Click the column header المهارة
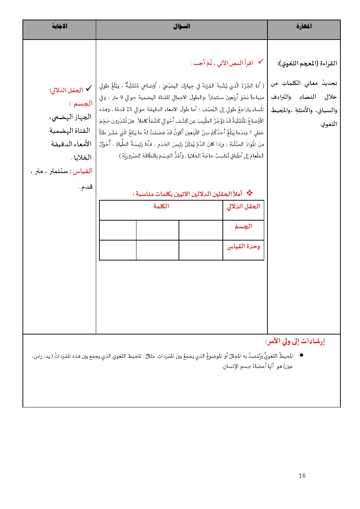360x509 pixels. pyautogui.click(x=304, y=26)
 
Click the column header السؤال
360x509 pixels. pyautogui.click(x=181, y=26)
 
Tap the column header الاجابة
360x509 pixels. pyautogui.click(x=60, y=26)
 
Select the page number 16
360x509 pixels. pyautogui.click(x=302, y=476)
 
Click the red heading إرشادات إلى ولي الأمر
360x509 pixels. pyautogui.click(x=295, y=341)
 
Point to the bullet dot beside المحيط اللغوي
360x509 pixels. pyautogui.click(x=301, y=356)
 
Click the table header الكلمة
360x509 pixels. pyautogui.click(x=161, y=206)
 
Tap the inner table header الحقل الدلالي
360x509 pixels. pyautogui.click(x=244, y=206)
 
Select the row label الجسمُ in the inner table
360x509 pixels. pyautogui.click(x=243, y=227)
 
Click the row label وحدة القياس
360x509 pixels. pyautogui.click(x=244, y=247)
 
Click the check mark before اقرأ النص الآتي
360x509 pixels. pyautogui.click(x=261, y=62)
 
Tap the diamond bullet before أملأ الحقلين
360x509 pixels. pyautogui.click(x=249, y=193)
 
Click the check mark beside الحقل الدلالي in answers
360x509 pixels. pyautogui.click(x=89, y=88)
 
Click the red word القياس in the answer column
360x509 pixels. pyautogui.click(x=83, y=171)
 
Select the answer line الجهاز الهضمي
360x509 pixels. pyautogui.click(x=70, y=117)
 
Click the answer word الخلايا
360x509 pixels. pyautogui.click(x=82, y=157)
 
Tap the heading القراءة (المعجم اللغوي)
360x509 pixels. pyautogui.click(x=307, y=63)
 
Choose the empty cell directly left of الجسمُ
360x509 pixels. pyautogui.click(x=201, y=230)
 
